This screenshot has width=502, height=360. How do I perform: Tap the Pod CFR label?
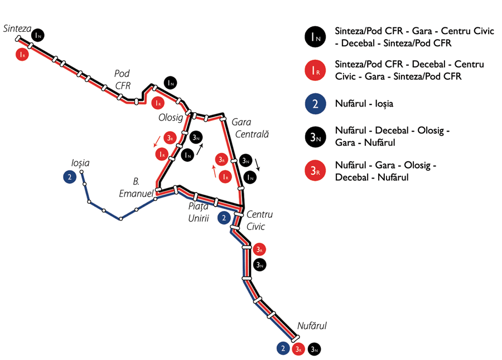coord(122,79)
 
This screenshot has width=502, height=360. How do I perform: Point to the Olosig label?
coord(171,118)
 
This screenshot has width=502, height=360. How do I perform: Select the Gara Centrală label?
coord(252,128)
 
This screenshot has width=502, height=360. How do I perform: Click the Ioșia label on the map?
coord(80,163)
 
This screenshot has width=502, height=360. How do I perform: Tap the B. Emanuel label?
coord(137,188)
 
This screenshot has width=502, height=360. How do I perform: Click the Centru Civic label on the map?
coord(259,220)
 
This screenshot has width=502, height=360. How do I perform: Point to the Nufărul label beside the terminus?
coord(312,326)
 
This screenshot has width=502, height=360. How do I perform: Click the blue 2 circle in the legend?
coord(316,103)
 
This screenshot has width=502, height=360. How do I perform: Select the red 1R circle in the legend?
coord(316,70)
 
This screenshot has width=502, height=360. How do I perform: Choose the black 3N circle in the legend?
coord(316,137)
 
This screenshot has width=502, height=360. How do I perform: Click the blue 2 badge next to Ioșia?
coord(69,177)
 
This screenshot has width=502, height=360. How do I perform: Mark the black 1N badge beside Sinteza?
coord(38,35)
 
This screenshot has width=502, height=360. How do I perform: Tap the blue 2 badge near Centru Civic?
coord(224,218)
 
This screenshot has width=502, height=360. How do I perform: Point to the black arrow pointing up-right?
coord(199,147)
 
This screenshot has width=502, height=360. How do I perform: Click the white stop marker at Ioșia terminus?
coord(82,171)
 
